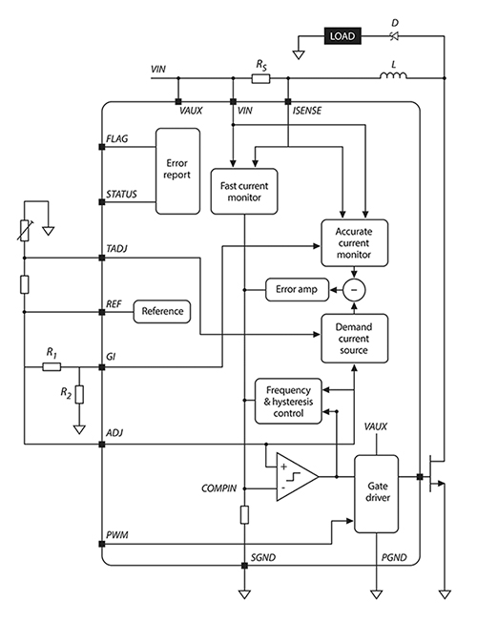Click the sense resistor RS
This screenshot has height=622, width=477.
(260, 78)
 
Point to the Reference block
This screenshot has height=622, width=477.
(162, 311)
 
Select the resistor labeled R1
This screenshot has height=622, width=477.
(52, 364)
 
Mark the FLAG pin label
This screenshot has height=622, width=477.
(122, 138)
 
